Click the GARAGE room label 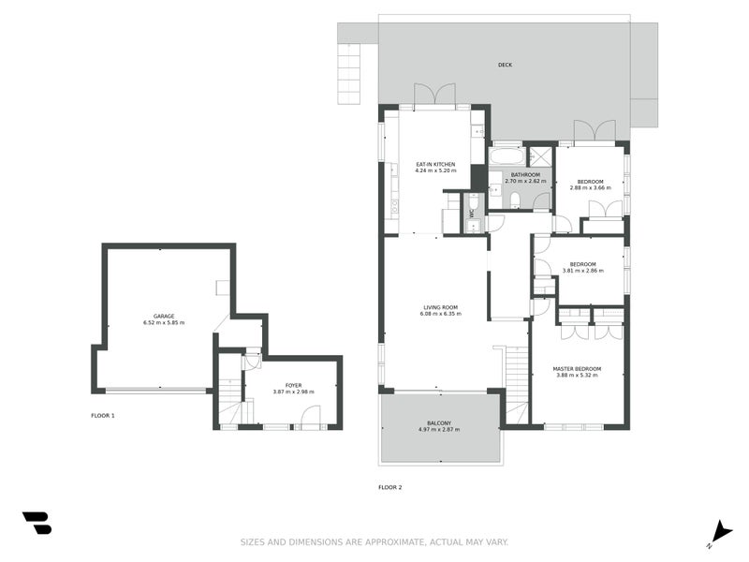pyautogui.click(x=164, y=316)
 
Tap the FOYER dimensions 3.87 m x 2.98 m pyautogui.click(x=293, y=392)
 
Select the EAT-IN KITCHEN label pyautogui.click(x=435, y=165)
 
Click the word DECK pyautogui.click(x=505, y=65)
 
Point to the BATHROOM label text pyautogui.click(x=524, y=174)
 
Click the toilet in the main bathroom pyautogui.click(x=515, y=199)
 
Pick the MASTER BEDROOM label pyautogui.click(x=577, y=369)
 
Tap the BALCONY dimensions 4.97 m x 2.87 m pyautogui.click(x=439, y=430)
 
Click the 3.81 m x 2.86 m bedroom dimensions pyautogui.click(x=582, y=271)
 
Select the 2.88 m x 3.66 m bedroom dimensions pyautogui.click(x=590, y=187)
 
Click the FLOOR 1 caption pyautogui.click(x=102, y=415)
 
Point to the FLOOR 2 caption pyautogui.click(x=389, y=487)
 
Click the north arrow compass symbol pyautogui.click(x=718, y=532)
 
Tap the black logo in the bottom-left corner pyautogui.click(x=37, y=523)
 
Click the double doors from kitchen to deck pyautogui.click(x=434, y=95)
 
